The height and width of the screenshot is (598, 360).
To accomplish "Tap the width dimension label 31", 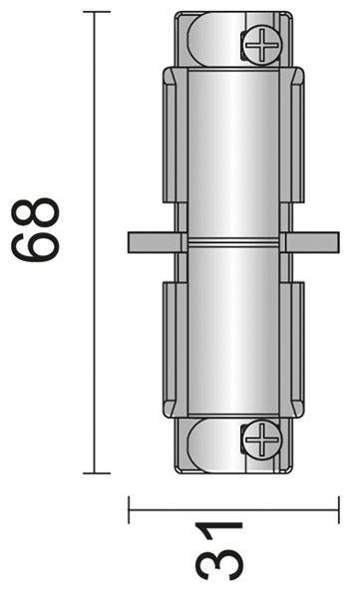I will pyautogui.click(x=221, y=550).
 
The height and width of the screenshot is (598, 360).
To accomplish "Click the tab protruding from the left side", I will pyautogui.click(x=151, y=241).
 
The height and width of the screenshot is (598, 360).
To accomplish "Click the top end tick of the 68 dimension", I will pyautogui.click(x=96, y=12).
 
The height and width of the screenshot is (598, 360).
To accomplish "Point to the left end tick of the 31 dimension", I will pyautogui.click(x=131, y=510).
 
